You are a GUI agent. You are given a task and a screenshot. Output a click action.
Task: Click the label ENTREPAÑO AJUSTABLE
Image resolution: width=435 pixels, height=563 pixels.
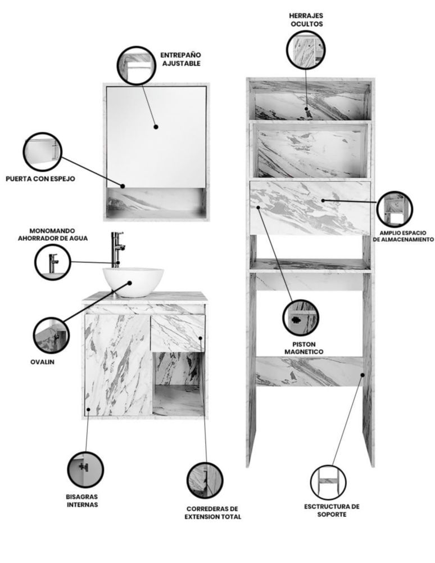tap(180, 59)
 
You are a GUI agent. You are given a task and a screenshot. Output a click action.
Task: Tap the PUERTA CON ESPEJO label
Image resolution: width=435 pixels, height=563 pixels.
tap(40, 179)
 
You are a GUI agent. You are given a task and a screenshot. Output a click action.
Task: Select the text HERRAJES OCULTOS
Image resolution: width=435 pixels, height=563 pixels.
tap(306, 20)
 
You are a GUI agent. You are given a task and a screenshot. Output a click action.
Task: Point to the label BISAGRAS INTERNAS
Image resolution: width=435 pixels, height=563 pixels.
tap(81, 501)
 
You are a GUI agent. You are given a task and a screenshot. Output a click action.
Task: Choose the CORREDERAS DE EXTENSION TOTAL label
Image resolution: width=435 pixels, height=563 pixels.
tap(213, 513)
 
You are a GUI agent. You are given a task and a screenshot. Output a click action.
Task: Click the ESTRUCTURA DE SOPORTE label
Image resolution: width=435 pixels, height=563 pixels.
tap(332, 510)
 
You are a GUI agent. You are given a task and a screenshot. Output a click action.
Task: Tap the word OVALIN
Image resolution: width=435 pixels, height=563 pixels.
tap(42, 362)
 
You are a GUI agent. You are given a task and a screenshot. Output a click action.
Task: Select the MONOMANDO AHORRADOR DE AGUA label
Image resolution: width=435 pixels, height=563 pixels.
tap(53, 234)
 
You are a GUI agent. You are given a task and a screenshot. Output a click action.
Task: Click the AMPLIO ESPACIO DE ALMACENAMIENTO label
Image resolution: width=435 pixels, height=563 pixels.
tap(403, 236)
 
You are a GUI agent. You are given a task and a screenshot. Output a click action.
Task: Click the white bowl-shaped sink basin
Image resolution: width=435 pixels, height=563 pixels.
tap(133, 282)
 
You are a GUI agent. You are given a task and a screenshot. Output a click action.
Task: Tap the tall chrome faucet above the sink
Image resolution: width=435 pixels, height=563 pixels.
tap(117, 249)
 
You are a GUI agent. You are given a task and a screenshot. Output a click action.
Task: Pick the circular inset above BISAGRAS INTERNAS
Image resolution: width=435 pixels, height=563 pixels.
tap(85, 470)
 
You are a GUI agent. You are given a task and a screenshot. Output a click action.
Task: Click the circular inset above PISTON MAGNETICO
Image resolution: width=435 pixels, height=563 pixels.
tap(300, 318)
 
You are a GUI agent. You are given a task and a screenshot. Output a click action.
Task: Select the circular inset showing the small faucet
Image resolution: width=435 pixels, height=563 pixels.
tap(53, 262)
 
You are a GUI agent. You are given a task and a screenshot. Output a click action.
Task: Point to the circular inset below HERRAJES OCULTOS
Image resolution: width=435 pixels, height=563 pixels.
tap(306, 50)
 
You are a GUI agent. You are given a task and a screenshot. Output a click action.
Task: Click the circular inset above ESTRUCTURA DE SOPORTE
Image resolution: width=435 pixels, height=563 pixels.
tap(328, 482)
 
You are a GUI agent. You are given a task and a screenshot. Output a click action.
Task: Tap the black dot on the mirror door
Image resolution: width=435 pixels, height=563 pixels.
tap(156, 127)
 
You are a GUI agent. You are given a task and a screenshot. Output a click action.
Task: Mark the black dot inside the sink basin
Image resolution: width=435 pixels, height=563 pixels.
tap(130, 283)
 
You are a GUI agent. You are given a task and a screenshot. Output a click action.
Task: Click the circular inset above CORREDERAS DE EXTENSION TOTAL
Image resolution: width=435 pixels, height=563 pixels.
tap(205, 480)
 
